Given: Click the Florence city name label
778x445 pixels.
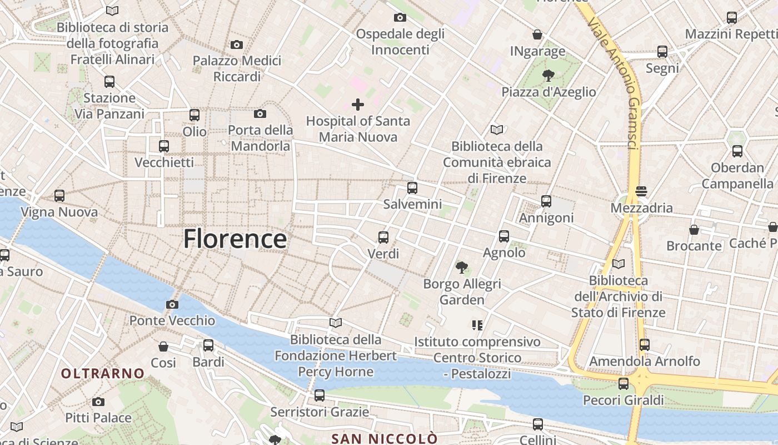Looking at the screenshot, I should click(235, 239).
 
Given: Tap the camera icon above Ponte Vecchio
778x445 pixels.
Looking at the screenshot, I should click(172, 304).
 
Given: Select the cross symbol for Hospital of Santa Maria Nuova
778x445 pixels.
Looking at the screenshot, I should click(358, 104).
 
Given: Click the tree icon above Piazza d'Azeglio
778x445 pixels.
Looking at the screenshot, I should click(548, 76).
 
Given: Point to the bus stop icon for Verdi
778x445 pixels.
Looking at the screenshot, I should click(383, 238).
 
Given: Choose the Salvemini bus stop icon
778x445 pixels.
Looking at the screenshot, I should click(412, 188).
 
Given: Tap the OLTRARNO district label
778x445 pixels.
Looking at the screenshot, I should click(103, 373).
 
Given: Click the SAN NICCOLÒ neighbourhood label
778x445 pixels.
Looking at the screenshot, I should click(384, 438).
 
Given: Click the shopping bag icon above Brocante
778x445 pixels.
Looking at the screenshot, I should click(694, 229).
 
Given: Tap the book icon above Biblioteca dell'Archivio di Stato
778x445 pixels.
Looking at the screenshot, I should click(618, 264).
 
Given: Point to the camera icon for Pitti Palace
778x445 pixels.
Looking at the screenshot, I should click(98, 402).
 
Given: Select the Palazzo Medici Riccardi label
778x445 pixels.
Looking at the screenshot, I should click(237, 68).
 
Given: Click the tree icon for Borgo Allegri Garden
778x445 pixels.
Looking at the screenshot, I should click(461, 268).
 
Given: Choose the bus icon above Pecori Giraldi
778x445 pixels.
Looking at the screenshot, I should click(624, 383).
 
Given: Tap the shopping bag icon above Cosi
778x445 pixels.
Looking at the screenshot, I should click(163, 347).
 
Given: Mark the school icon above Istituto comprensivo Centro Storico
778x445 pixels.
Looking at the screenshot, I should click(477, 325).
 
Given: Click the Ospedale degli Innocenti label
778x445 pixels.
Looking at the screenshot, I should click(400, 42).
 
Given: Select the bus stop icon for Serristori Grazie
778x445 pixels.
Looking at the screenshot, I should click(320, 395).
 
